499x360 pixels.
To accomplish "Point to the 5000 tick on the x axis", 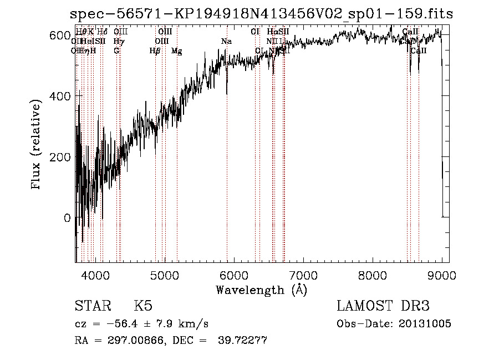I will pos(164,275).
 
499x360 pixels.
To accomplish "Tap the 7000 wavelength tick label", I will pos(303,275).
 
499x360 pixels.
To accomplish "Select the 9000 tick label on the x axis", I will pos(442,275).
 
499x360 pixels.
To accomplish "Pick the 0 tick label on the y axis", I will pos(68,218).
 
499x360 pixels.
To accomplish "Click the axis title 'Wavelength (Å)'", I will pos(261,290).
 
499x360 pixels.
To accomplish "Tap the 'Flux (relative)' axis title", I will pos(37,145).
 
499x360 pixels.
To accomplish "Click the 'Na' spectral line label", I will pos(226,42).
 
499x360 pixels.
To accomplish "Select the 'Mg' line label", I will pos(177,51).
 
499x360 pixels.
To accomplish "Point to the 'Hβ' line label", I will pos(155,51).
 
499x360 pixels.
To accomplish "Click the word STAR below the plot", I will pos(93,306).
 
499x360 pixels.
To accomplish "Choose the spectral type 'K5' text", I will pos(143,306).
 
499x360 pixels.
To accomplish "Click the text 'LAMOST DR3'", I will pos(383,306).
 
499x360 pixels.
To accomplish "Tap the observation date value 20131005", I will pos(426,324).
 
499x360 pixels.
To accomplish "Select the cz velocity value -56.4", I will pos(121,324).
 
